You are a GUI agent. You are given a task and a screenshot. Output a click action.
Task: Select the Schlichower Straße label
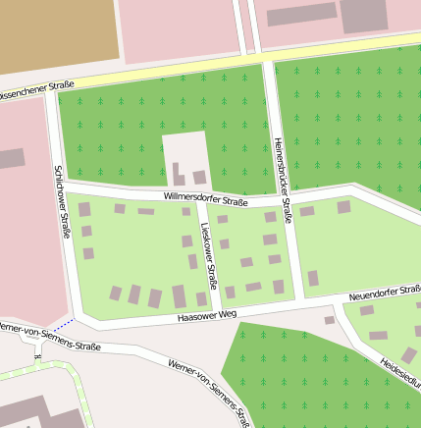(x=62, y=202)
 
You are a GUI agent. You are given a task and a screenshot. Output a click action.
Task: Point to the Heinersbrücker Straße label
(x=283, y=180)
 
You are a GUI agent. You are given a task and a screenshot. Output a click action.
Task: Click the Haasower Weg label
(x=207, y=315)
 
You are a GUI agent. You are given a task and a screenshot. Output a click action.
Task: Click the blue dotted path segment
(x=64, y=324)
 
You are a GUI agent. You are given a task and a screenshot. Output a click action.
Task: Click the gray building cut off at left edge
(x=11, y=158)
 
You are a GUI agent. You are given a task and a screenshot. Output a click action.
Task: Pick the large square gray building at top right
(x=363, y=14)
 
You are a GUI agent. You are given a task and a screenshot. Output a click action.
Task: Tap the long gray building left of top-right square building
(x=301, y=15)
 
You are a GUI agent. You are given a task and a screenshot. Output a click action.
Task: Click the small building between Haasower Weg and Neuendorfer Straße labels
(x=330, y=320)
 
